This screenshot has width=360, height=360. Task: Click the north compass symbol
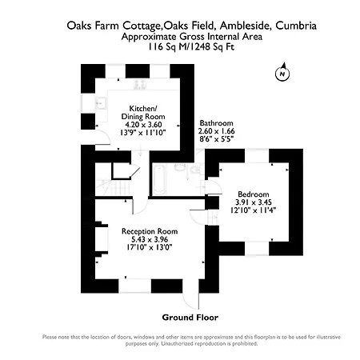[x=282, y=72]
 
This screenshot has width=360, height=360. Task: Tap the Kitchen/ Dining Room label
[x=143, y=113]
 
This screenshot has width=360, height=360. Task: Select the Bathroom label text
[x=216, y=123]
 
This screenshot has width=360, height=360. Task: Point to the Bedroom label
[x=254, y=194]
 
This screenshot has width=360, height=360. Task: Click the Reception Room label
[x=150, y=231]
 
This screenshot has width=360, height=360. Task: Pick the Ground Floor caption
[x=190, y=318]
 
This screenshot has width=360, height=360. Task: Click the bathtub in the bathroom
[x=159, y=179]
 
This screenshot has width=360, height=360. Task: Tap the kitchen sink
[x=101, y=103]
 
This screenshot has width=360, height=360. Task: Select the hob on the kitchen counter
[x=140, y=84]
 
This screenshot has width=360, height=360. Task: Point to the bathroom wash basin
[x=180, y=167]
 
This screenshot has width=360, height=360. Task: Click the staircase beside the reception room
[x=113, y=187]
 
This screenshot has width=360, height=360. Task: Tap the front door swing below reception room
[x=191, y=301]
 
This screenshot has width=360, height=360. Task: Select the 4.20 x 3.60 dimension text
[x=143, y=125]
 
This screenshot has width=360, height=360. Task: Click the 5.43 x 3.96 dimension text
[x=150, y=239]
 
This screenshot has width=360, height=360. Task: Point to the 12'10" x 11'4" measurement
[x=253, y=210]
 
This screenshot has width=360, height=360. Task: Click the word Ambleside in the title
[x=245, y=26]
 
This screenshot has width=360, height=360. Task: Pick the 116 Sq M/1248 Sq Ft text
[x=191, y=47]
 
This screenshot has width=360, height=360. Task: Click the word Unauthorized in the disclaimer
[x=177, y=343]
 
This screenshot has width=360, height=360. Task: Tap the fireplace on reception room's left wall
[x=102, y=239]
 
